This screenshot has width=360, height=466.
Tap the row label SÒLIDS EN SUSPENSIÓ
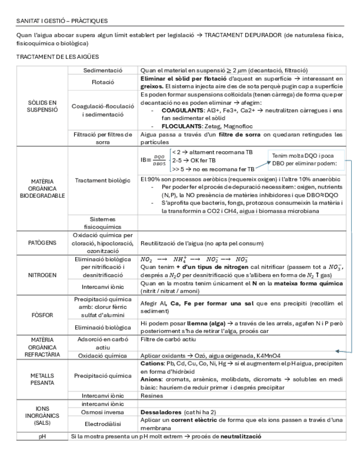[x=42, y=106]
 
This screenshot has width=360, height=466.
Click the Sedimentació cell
[x=103, y=70]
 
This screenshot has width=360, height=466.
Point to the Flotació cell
[x=103, y=82]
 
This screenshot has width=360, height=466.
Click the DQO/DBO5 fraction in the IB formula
[x=159, y=160]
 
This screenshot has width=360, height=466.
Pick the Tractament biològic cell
[x=103, y=180]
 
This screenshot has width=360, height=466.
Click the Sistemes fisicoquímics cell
[x=103, y=221]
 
